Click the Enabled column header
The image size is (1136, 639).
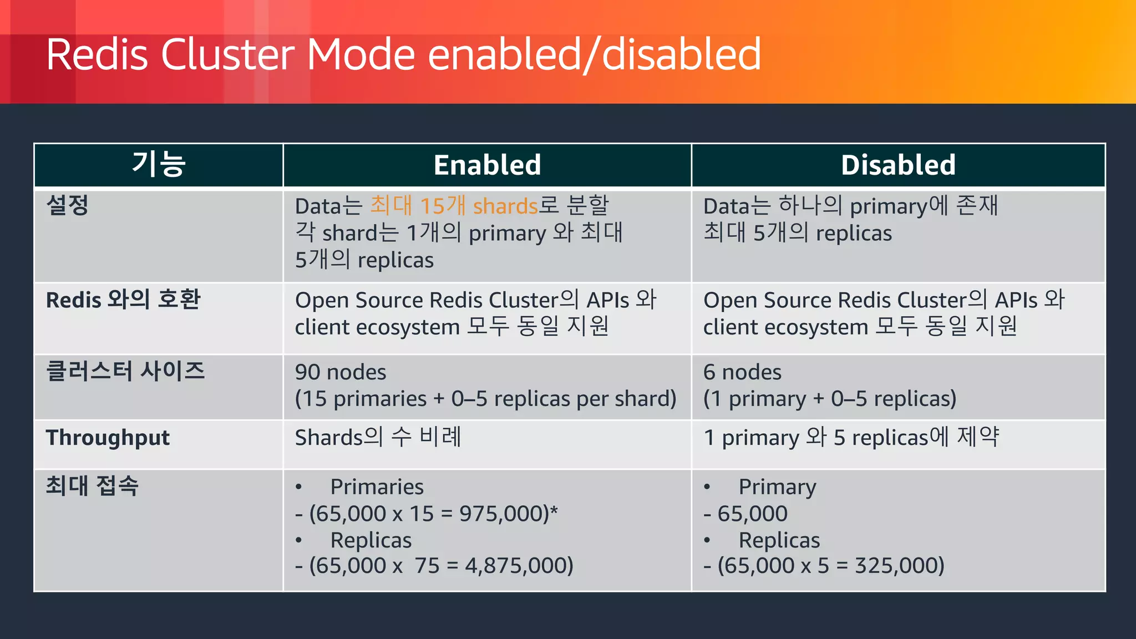click(x=487, y=165)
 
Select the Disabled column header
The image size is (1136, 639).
click(x=898, y=165)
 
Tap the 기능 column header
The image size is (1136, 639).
click(x=159, y=165)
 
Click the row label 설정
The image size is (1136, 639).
click(x=67, y=205)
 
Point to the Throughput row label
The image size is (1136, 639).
click(x=108, y=438)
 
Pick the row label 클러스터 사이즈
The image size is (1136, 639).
click(x=125, y=371)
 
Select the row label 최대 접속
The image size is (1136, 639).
click(x=92, y=486)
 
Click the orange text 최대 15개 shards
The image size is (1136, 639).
click(x=454, y=206)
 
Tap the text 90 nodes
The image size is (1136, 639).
click(x=341, y=372)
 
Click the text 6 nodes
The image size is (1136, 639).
click(x=742, y=372)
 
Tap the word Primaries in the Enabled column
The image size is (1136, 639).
click(x=377, y=487)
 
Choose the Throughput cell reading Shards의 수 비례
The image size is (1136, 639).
click(x=378, y=438)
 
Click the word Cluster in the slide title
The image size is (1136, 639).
click(x=227, y=55)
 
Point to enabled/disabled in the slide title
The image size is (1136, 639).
click(x=594, y=55)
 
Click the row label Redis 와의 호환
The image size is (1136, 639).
click(x=123, y=300)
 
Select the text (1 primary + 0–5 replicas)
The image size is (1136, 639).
click(x=830, y=399)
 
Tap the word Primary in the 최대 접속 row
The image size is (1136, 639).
click(x=777, y=487)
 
